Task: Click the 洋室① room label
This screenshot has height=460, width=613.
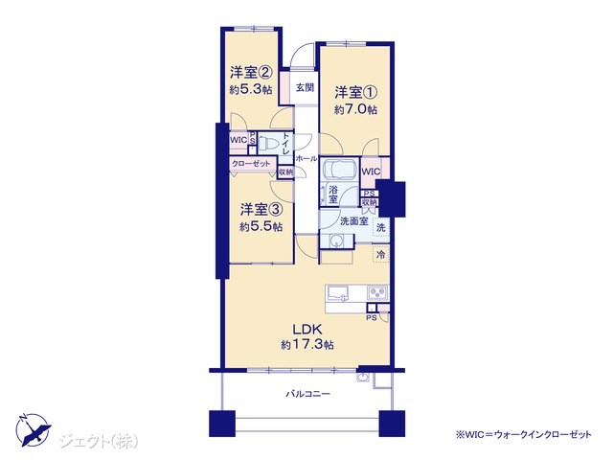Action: click(x=355, y=93)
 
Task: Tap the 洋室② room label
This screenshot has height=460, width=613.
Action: click(x=251, y=73)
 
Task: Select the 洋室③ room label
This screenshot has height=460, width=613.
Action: click(x=261, y=210)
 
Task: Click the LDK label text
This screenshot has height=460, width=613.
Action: click(x=306, y=329)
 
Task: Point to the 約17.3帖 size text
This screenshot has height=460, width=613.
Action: click(x=306, y=345)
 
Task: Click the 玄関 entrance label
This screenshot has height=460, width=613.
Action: click(x=305, y=87)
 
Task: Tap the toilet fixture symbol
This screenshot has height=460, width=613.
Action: click(x=268, y=145)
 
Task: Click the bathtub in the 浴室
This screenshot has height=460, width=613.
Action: click(x=338, y=171)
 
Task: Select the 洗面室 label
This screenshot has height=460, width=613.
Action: click(x=353, y=221)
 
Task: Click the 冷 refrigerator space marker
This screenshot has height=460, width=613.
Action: click(x=380, y=255)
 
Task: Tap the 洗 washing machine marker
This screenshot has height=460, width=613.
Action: click(x=381, y=228)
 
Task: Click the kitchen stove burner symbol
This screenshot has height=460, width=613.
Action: click(x=377, y=292)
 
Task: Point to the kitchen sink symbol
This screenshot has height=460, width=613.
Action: click(x=338, y=293)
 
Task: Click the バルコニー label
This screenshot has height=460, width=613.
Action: click(x=307, y=394)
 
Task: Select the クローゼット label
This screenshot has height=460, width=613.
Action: click(x=251, y=164)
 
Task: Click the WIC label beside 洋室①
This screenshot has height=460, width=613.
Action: click(x=371, y=172)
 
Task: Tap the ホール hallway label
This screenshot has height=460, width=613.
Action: click(x=306, y=158)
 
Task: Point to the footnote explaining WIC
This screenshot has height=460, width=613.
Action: click(x=523, y=434)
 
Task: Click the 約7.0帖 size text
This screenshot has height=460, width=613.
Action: click(x=355, y=109)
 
